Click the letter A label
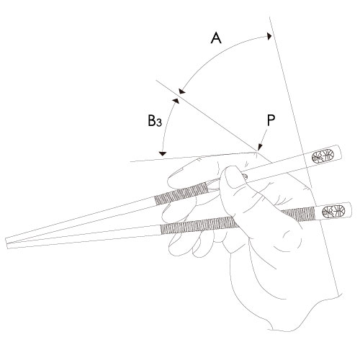click(216, 38)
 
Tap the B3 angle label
click(155, 121)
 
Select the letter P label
click(271, 120)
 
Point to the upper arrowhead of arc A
click(269, 36)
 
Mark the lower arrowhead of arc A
click(182, 91)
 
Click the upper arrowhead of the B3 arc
click(176, 101)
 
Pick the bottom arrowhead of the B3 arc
click(163, 153)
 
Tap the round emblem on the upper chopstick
click(323, 156)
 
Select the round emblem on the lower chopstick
click(333, 212)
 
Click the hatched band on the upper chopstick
click(181, 193)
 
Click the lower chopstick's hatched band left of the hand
click(199, 225)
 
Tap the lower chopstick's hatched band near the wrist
click(298, 214)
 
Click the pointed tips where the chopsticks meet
click(7, 243)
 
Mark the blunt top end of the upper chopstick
click(339, 152)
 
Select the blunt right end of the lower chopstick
click(351, 209)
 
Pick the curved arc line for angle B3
click(166, 126)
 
